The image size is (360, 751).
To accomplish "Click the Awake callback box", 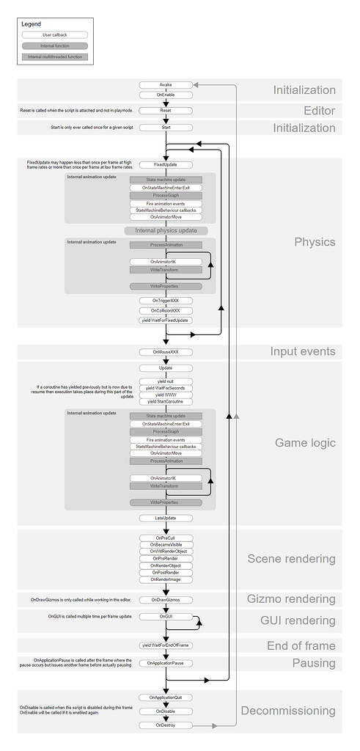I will [x=166, y=85].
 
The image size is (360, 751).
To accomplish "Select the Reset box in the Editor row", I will [x=166, y=111].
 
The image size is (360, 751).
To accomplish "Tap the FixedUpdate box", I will [x=166, y=165].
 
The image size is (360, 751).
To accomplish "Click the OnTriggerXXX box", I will [x=166, y=301].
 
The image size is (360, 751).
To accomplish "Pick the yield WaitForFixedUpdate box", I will [x=166, y=320].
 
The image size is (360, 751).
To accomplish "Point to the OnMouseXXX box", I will [x=166, y=352].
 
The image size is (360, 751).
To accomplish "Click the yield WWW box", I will [x=166, y=394].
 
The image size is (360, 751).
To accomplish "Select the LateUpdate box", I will [x=166, y=518].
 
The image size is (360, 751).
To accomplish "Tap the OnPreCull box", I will [x=166, y=537].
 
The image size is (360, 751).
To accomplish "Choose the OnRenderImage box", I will [x=166, y=579].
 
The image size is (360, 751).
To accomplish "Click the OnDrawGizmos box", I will [x=166, y=599].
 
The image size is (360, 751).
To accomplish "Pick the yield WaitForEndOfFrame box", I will [x=166, y=645].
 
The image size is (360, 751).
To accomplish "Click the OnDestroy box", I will [x=166, y=725].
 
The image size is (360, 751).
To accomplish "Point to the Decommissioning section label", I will [x=288, y=711].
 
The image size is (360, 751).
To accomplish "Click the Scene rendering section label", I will [x=291, y=558].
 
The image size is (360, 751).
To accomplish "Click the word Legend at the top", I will [x=32, y=23].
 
